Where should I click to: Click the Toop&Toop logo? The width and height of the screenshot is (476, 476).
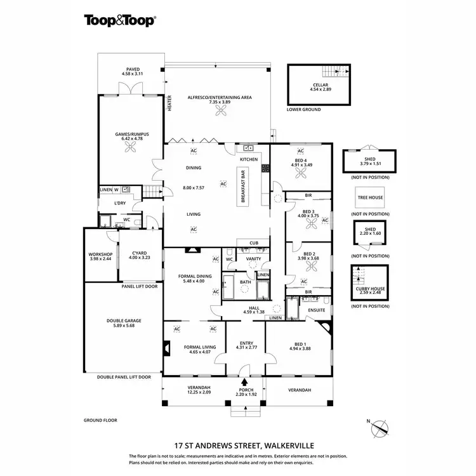(120, 20)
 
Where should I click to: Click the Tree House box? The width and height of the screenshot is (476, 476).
(369, 198)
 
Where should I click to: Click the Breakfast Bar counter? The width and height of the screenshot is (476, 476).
(242, 186)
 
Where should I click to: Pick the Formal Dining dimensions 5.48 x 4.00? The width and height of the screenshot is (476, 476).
(194, 281)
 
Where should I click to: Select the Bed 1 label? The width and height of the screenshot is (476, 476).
(298, 344)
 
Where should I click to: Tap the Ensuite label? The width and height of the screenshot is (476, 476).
(316, 310)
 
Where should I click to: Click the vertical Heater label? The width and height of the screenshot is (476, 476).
(170, 103)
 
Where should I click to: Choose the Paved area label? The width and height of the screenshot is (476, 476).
(132, 70)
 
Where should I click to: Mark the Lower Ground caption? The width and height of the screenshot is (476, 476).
(303, 110)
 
